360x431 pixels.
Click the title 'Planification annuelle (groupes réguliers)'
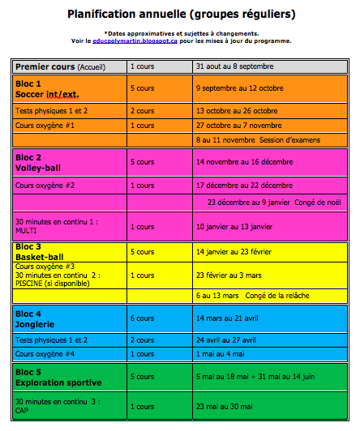coord(180,14)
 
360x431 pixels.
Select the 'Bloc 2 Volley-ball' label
coord(41,163)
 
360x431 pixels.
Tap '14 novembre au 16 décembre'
coord(246,162)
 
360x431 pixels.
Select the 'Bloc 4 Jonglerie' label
coord(39,318)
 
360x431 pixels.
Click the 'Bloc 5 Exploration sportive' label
coord(58,377)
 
